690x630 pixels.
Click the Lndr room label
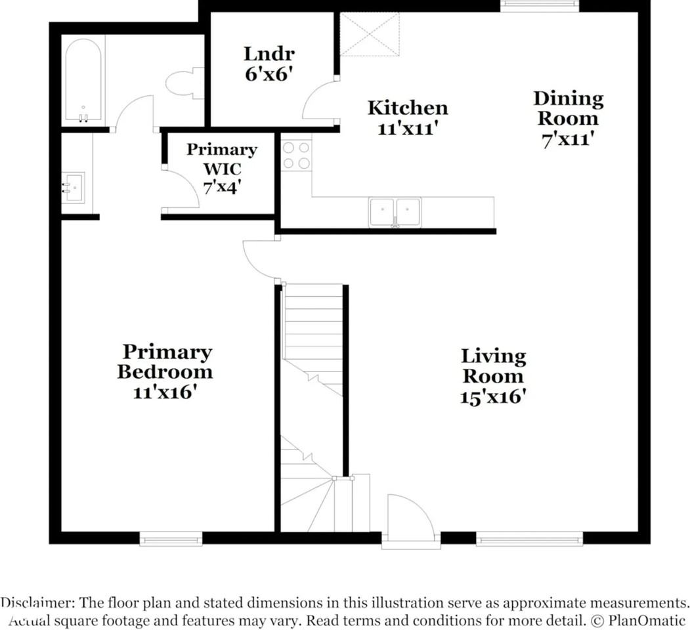[269, 54]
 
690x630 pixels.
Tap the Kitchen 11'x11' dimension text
[408, 129]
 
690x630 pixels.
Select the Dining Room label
[568, 108]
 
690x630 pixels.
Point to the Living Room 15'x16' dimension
[493, 397]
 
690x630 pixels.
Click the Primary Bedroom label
[165, 362]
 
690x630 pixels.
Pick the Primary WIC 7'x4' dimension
[221, 188]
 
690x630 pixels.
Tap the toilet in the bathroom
[185, 83]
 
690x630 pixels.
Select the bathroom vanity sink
[73, 188]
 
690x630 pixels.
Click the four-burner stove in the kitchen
[296, 156]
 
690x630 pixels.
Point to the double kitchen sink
[395, 212]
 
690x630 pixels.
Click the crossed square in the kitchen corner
[370, 34]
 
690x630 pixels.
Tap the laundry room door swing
[320, 100]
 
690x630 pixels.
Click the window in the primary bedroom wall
[171, 539]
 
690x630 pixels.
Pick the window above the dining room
[540, 5]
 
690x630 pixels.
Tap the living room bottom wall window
[529, 539]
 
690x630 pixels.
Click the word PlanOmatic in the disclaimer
[647, 621]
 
